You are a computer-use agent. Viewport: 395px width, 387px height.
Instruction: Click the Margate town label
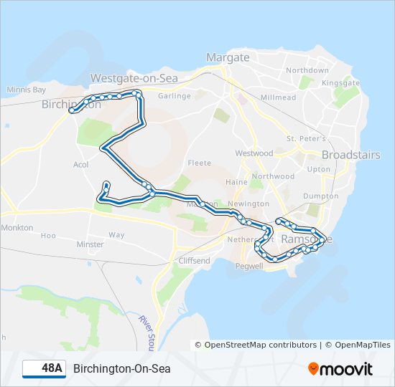228,57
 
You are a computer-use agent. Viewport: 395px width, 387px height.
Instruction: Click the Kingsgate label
340,83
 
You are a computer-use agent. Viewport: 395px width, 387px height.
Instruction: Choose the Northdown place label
307,70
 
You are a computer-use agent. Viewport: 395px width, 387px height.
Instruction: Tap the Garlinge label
175,95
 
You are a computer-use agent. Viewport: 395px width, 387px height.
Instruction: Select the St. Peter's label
306,138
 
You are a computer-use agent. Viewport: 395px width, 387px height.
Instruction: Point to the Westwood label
254,153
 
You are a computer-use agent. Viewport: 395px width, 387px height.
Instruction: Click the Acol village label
80,165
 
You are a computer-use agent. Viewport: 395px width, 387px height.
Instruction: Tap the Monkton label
17,227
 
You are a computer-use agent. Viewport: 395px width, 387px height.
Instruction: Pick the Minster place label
90,244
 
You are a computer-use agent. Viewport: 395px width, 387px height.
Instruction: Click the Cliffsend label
195,261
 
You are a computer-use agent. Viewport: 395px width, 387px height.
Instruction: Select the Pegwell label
250,266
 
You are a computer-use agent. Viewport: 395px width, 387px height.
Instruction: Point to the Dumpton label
321,196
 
